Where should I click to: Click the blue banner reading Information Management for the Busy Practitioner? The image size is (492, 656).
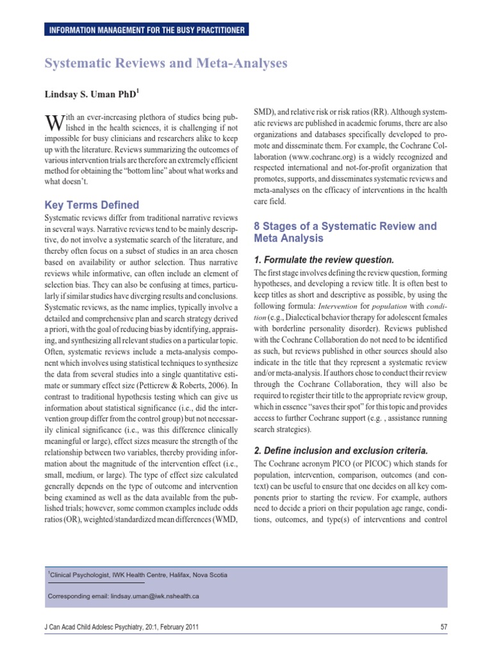pos(144,29)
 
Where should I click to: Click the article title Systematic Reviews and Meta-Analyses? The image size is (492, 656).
pos(166,63)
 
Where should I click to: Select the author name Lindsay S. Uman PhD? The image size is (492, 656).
pos(90,94)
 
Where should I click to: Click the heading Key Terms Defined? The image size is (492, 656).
pos(92,205)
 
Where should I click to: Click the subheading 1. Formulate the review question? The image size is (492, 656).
pos(324,260)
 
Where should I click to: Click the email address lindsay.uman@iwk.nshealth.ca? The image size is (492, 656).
pos(154,596)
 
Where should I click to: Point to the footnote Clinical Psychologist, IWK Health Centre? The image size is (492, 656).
pos(138,574)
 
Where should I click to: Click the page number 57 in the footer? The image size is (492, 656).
pos(443,627)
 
